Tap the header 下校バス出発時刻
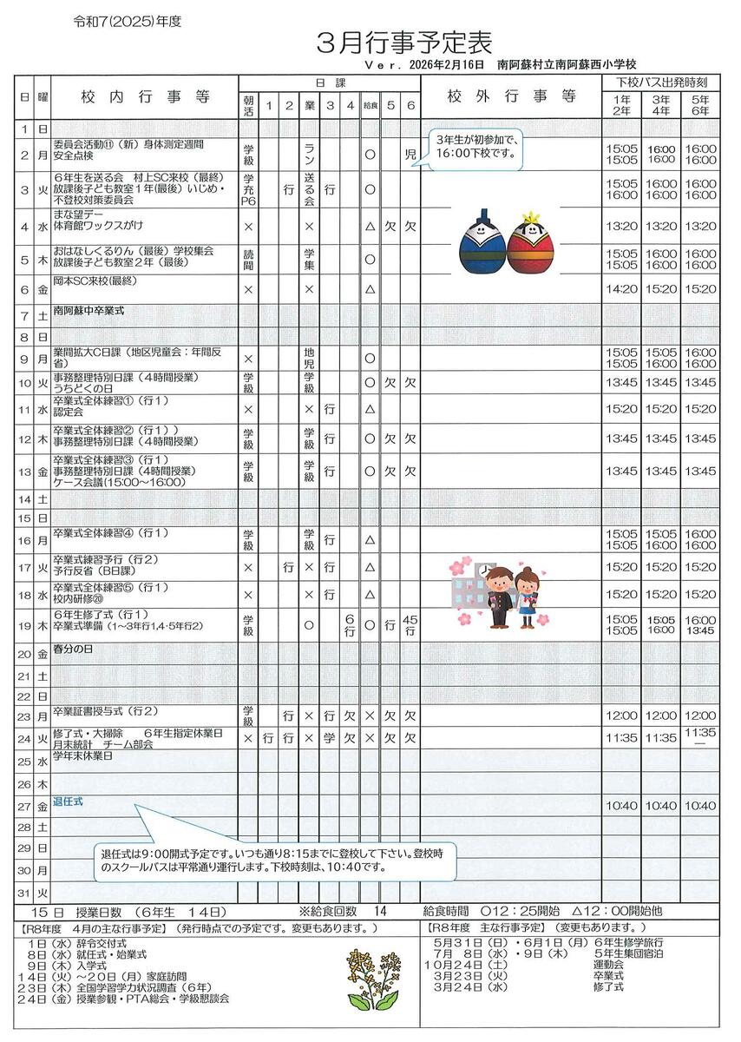tap(662, 81)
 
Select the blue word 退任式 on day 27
tap(68, 802)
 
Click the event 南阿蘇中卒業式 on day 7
tap(89, 308)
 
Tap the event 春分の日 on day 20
tap(73, 649)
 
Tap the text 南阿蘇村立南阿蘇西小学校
tap(567, 64)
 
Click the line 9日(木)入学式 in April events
tap(66, 965)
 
